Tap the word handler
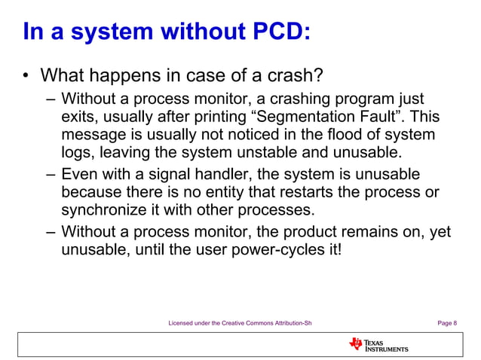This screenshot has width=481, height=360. (234, 173)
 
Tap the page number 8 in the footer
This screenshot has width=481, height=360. (454, 324)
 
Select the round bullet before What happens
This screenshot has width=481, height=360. (25, 76)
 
